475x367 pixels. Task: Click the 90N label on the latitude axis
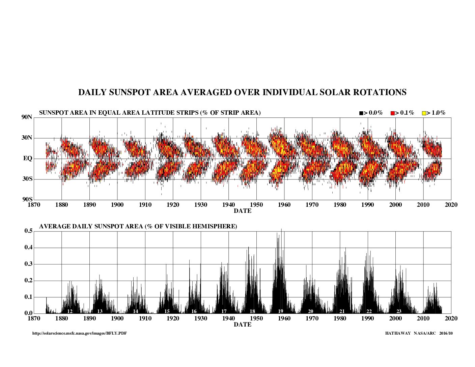click(27, 117)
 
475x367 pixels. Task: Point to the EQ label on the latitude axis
click(28, 158)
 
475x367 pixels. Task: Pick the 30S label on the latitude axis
click(27, 179)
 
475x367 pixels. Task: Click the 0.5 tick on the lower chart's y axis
click(28, 231)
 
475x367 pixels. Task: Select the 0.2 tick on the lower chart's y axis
click(28, 281)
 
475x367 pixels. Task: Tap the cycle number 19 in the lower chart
click(281, 311)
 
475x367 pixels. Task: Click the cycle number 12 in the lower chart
click(70, 311)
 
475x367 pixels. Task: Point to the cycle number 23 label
click(399, 311)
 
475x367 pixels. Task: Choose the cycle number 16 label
click(194, 311)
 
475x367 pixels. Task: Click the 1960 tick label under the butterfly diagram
click(284, 205)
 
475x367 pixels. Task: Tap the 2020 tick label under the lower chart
click(451, 318)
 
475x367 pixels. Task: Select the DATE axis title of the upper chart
click(243, 211)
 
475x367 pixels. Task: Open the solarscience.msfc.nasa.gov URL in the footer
click(80, 333)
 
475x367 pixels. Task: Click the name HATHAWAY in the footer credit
click(398, 333)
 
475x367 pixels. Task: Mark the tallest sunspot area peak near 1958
click(281, 229)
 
